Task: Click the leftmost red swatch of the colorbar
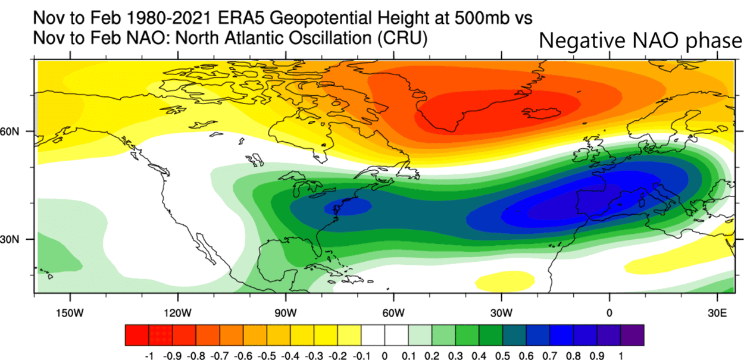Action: point(137,335)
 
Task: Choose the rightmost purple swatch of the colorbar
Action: point(633,335)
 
